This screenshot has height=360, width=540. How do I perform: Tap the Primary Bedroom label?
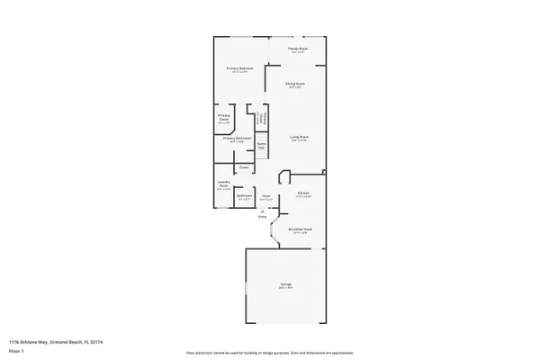pyautogui.click(x=238, y=68)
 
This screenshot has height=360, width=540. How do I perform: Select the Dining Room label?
pyautogui.click(x=294, y=85)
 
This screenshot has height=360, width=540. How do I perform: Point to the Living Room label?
pyautogui.click(x=299, y=138)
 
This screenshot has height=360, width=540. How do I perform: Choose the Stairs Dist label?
pyautogui.click(x=261, y=145)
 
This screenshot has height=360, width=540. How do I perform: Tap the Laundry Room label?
pyautogui.click(x=224, y=184)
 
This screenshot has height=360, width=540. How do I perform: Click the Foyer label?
pyautogui.click(x=266, y=196)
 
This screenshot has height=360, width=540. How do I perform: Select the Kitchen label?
pyautogui.click(x=303, y=193)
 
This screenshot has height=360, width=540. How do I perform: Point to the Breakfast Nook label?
pyautogui.click(x=301, y=229)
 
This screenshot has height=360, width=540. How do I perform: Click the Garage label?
pyautogui.click(x=284, y=285)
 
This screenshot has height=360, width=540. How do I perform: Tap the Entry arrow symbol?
pyautogui.click(x=263, y=211)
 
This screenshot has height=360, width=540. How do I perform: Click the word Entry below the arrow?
pyautogui.click(x=263, y=217)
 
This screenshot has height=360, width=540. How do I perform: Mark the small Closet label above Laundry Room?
pyautogui.click(x=243, y=167)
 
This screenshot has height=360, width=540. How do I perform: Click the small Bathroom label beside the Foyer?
pyautogui.click(x=244, y=196)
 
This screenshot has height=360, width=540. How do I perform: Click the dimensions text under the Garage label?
pyautogui.click(x=284, y=290)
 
